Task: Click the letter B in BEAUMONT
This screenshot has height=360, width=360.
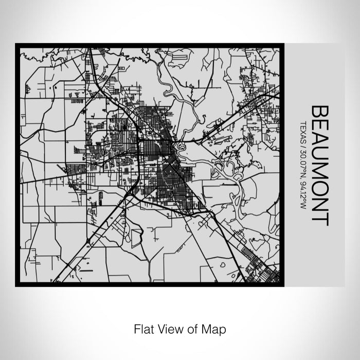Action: point(320,112)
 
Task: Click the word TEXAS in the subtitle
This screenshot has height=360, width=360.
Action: point(303,131)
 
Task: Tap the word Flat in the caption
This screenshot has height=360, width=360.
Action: point(143,328)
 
